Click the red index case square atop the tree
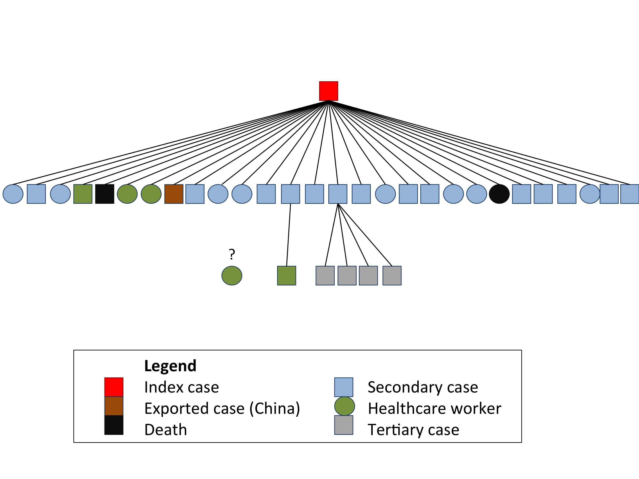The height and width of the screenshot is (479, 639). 328,91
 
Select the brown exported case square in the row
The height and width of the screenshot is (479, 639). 174,194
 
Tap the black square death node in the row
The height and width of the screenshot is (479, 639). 105,194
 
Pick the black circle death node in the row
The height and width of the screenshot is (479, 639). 499,194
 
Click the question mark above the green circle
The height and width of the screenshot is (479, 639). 232,254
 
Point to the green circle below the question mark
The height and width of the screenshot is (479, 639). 232,276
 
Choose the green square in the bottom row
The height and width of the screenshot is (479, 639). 287,276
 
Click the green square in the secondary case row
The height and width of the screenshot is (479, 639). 83,194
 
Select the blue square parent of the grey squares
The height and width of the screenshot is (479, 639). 338,194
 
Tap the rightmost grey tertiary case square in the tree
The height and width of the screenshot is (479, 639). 392,276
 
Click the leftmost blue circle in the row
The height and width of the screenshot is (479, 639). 13,194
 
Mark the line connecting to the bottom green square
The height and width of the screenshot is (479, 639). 289,234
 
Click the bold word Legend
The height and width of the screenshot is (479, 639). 170,366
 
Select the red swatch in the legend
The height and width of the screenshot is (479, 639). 114,387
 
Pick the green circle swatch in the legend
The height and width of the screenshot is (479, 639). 344,406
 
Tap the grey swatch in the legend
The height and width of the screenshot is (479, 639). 343,425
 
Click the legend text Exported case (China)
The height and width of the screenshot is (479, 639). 222,408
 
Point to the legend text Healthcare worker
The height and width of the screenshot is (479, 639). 434,408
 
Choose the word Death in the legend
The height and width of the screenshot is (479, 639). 166,430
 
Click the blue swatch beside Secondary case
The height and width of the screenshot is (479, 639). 343,387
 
